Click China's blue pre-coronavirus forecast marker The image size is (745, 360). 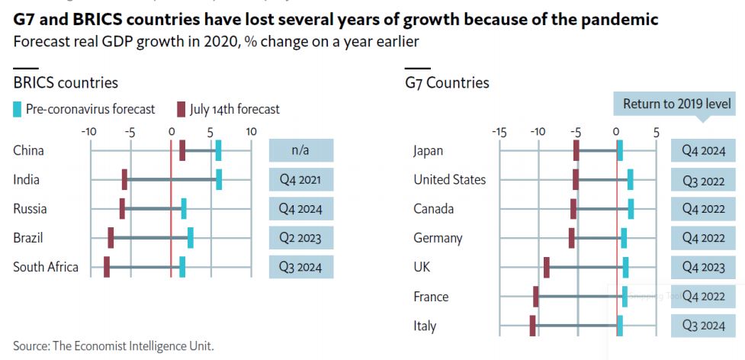pos(218,150)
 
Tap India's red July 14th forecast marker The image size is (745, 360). pos(124,179)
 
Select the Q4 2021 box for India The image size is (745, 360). pos(301,180)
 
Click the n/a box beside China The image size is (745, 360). pos(301,150)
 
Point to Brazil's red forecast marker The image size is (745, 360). pos(111,237)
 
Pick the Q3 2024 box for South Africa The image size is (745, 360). pos(301,267)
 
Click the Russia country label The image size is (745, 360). pos(30,209)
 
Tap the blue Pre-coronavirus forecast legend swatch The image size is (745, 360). pos(18,109)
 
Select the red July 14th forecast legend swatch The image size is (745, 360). pos(181,109)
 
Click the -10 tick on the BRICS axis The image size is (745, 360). pos(89,131)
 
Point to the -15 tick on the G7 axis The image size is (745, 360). pos(499,131)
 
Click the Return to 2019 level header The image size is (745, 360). pos(677,104)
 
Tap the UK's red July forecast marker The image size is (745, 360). pos(547,267)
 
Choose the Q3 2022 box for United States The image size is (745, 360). pos(704,181)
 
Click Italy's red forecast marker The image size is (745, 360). pos(532,326)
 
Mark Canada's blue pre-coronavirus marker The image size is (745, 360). pos(631,209)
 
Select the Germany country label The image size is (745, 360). pos(438,238)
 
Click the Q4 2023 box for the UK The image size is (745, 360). pos(704,268)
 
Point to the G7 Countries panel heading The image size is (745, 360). pos(447,83)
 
